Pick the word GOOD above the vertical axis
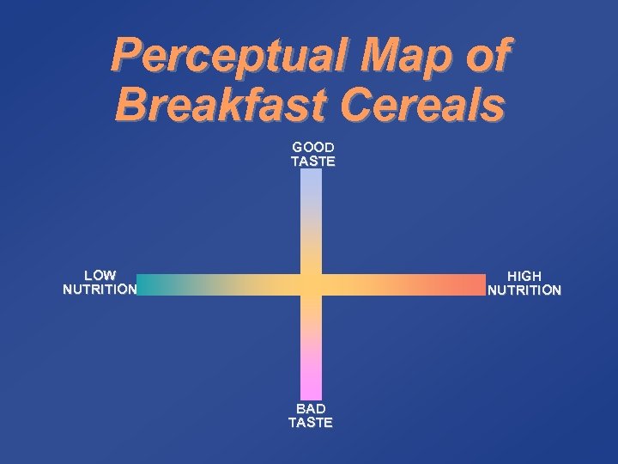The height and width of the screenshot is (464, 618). [x=312, y=147]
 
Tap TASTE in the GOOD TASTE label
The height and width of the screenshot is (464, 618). [x=312, y=161]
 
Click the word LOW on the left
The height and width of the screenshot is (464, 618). [x=100, y=275]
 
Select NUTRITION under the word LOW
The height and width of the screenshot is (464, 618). [x=100, y=289]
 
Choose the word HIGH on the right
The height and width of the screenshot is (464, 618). [x=524, y=276]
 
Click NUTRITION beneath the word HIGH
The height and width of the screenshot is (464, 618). [x=524, y=290]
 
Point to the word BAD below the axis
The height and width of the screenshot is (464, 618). [x=311, y=408]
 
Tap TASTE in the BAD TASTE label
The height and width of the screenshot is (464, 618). [x=311, y=422]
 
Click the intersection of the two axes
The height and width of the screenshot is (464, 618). [x=311, y=284]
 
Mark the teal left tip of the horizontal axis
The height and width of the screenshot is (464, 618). [x=142, y=284]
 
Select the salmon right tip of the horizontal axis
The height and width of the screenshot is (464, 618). [x=480, y=284]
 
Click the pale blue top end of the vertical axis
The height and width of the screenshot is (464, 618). [x=311, y=174]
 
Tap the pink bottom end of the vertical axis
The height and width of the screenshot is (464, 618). [x=311, y=394]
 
